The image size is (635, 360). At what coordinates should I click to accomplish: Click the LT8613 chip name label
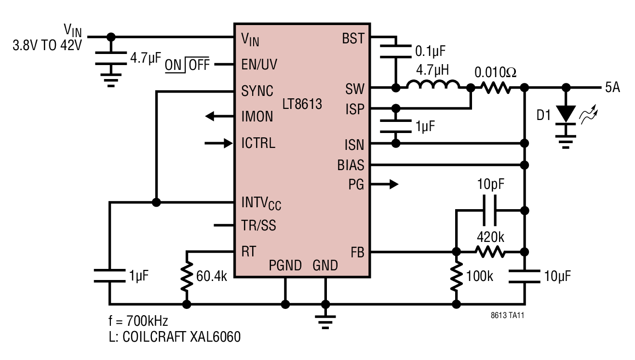[x=302, y=104]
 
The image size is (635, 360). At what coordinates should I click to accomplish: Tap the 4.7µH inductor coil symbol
[x=433, y=85]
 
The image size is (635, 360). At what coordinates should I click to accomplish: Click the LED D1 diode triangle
[x=566, y=114]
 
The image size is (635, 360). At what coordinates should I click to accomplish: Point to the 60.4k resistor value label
[x=212, y=276]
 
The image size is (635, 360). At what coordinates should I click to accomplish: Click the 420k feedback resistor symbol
[x=490, y=252]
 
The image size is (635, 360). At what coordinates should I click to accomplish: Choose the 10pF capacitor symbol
[x=489, y=210]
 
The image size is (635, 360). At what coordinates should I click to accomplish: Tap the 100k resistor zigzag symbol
[x=456, y=276]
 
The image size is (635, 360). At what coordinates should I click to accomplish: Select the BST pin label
[x=353, y=38]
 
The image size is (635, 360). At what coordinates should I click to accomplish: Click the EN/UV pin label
[x=259, y=65]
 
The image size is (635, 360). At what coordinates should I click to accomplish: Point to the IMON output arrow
[x=219, y=116]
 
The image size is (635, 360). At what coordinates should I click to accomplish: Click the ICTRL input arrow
[x=219, y=143]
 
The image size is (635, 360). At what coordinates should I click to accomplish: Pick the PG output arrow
[x=384, y=184]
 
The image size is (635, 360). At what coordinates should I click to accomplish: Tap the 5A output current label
[x=613, y=87]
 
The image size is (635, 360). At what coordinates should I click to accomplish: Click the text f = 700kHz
[x=138, y=321]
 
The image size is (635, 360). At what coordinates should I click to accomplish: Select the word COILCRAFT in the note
[x=154, y=337]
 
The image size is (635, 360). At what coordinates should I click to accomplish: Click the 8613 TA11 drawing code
[x=507, y=315]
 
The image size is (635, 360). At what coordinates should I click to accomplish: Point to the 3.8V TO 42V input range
[x=47, y=45]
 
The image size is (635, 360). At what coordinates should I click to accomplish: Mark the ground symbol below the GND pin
[x=325, y=322]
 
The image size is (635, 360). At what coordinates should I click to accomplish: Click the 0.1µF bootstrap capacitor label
[x=431, y=51]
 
